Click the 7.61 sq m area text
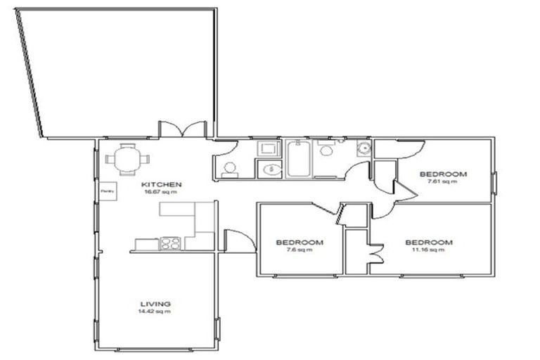[x=443, y=181]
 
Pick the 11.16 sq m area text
[x=429, y=250]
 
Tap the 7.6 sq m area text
[x=300, y=250]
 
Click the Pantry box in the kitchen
[x=108, y=191]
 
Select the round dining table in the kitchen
[x=127, y=158]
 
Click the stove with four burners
[x=170, y=244]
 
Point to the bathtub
[x=298, y=159]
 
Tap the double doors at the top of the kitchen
[x=183, y=130]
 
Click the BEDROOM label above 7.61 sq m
[x=443, y=174]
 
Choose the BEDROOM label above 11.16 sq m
[x=429, y=242]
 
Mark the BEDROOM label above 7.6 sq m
[x=300, y=242]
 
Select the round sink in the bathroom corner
[x=364, y=148]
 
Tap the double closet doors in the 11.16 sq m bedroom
[x=375, y=252]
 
